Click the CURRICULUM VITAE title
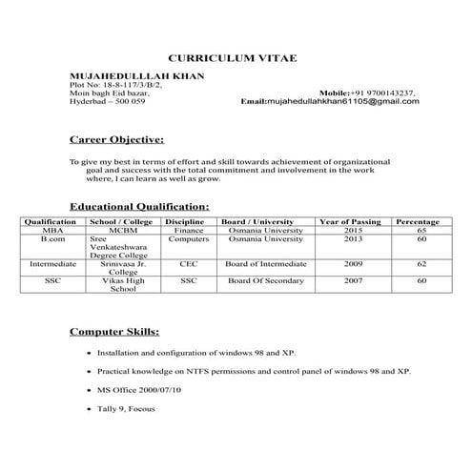[x=233, y=59]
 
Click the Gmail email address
[x=343, y=100]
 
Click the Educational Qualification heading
[x=139, y=206]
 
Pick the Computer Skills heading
[x=114, y=332]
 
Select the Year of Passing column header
[x=354, y=221]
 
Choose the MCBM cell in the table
[x=123, y=231]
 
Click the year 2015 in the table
[x=354, y=231]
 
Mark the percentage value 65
[x=421, y=231]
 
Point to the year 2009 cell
[x=354, y=262]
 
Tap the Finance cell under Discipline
[x=189, y=231]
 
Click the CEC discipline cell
[x=189, y=262]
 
